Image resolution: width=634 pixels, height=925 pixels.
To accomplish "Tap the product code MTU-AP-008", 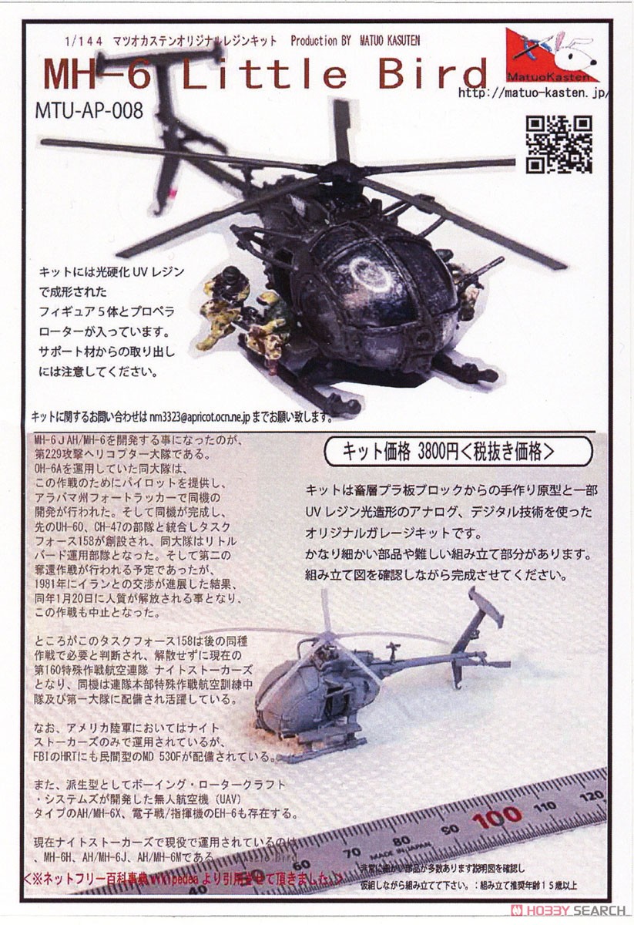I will (x=89, y=109).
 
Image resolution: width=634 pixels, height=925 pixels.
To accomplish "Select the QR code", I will (x=559, y=144).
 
